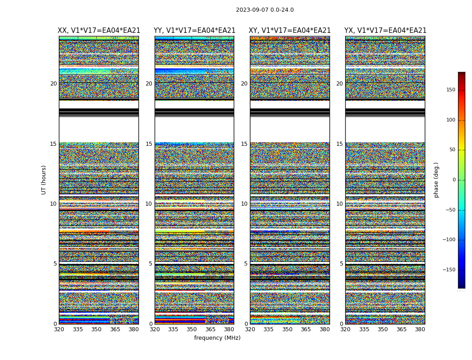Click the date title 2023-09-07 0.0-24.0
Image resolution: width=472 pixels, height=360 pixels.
pyautogui.click(x=265, y=10)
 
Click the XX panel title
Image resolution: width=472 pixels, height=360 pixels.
pyautogui.click(x=99, y=31)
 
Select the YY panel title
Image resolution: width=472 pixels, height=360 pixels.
pyautogui.click(x=194, y=31)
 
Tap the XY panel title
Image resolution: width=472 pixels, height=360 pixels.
pyautogui.click(x=289, y=31)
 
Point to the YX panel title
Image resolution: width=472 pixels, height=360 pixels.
pyautogui.click(x=385, y=31)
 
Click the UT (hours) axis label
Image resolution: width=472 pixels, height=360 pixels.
pyautogui.click(x=44, y=180)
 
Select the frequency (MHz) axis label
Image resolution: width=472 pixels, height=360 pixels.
pyautogui.click(x=217, y=338)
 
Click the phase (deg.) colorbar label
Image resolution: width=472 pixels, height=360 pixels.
pyautogui.click(x=436, y=180)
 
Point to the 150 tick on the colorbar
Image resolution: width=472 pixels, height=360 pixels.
pyautogui.click(x=450, y=90)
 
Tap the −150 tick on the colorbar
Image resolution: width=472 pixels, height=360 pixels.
pyautogui.click(x=449, y=270)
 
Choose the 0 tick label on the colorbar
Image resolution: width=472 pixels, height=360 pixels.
pyautogui.click(x=454, y=180)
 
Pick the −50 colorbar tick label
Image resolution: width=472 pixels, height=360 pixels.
pyautogui.click(x=450, y=210)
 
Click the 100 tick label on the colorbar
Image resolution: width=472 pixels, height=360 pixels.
pyautogui.click(x=450, y=120)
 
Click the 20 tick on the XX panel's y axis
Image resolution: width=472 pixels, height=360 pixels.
pyautogui.click(x=53, y=84)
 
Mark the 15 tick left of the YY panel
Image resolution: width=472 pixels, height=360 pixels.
pyautogui.click(x=149, y=144)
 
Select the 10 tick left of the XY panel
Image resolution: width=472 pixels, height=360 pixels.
pyautogui.click(x=244, y=204)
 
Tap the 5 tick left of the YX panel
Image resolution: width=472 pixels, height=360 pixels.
pyautogui.click(x=341, y=264)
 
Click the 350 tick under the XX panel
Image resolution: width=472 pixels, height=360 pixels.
pyautogui.click(x=96, y=329)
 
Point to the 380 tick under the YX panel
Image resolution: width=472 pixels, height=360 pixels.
pyautogui.click(x=420, y=329)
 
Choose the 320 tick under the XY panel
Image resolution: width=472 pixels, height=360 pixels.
pyautogui.click(x=250, y=329)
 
